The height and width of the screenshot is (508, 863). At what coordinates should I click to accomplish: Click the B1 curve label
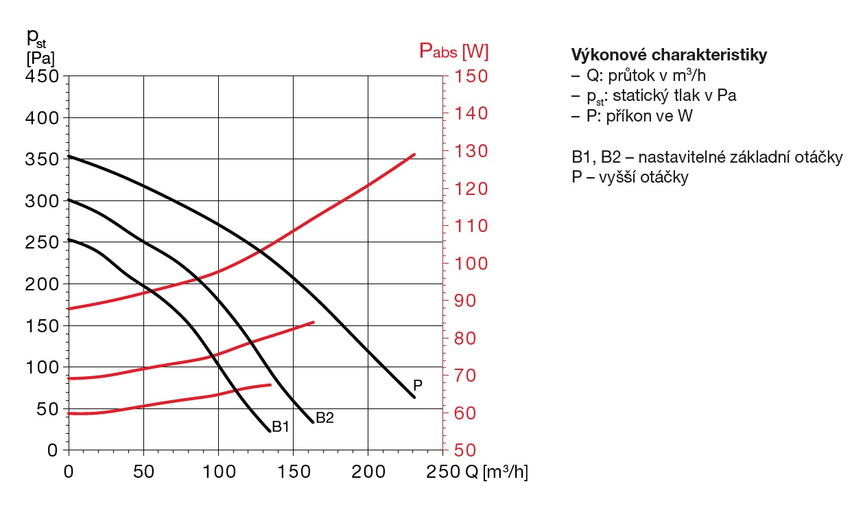(x=281, y=427)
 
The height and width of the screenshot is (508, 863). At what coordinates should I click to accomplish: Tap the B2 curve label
(x=324, y=417)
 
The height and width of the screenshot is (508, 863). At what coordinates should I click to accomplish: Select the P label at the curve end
(x=417, y=385)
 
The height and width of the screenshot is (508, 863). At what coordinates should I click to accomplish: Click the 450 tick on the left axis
(x=46, y=76)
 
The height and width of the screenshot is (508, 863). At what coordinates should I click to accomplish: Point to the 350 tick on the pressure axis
(x=46, y=159)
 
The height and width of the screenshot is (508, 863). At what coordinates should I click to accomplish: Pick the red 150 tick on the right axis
(x=469, y=76)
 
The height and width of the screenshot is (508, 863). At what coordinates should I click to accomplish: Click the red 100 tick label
(x=469, y=264)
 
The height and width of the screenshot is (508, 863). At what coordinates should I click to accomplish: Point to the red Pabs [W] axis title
(x=453, y=51)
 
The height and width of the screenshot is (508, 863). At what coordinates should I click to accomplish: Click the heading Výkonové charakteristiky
(x=669, y=55)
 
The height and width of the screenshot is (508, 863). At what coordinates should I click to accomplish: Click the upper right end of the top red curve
(x=414, y=154)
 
